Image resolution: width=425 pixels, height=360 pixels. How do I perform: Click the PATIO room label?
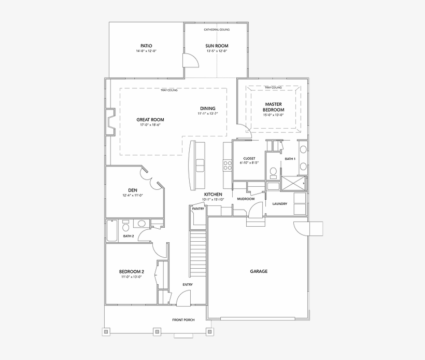(x=146, y=46)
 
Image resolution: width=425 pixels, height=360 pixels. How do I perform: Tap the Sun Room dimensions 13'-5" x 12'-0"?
(x=217, y=51)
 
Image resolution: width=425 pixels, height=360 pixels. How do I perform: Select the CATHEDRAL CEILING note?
(x=217, y=30)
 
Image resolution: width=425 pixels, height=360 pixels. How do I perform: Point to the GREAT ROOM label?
(x=150, y=119)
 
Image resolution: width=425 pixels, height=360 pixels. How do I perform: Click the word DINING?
(x=207, y=108)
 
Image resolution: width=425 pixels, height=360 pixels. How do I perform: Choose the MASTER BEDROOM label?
(x=273, y=107)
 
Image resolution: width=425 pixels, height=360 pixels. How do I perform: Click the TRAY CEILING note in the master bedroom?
(x=273, y=88)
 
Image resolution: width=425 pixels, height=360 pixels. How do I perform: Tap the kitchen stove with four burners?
(x=227, y=165)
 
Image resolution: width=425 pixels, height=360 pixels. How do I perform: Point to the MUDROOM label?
(x=246, y=199)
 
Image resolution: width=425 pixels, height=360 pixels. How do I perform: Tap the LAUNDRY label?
(x=280, y=203)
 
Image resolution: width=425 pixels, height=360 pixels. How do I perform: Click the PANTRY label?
(x=198, y=209)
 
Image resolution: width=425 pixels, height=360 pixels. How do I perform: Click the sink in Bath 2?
(x=141, y=224)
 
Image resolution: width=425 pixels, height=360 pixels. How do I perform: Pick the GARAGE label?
(x=259, y=271)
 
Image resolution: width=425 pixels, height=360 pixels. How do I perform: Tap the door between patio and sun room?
(x=190, y=60)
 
